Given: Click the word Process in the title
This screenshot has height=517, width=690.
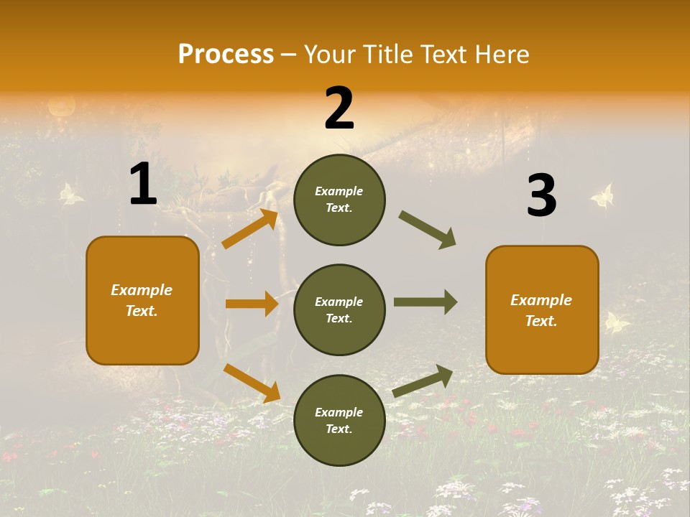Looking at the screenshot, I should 226,54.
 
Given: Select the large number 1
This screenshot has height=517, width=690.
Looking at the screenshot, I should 143,185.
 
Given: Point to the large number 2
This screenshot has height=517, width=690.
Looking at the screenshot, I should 339,108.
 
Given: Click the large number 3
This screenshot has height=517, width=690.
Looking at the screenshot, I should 541,195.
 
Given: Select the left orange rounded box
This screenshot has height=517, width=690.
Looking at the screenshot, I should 142,300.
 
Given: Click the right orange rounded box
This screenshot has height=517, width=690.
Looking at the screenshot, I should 542,309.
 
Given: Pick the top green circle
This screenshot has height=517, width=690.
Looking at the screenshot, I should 339,200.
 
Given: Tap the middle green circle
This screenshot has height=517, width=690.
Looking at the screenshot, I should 339,309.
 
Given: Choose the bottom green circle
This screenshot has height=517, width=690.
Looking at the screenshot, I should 339,420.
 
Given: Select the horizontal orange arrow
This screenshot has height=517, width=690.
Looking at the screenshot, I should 252,304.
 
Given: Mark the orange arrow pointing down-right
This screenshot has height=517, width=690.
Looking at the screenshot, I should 252,382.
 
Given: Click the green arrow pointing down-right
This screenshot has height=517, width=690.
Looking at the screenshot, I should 427,230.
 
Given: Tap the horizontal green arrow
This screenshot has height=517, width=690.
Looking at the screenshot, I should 425,302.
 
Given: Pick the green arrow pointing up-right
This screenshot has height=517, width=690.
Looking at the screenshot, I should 423,381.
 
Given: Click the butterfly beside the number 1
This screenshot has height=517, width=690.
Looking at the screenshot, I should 70,193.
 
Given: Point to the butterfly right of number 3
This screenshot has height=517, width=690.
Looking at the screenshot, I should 602,195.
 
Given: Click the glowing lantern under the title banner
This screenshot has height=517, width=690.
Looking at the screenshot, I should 61,107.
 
